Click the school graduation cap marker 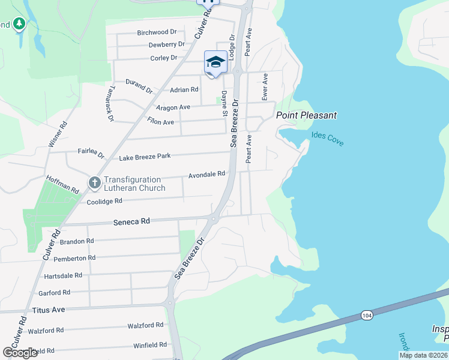(x=215, y=62)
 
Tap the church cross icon (x=94, y=182)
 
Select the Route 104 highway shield (x=366, y=315)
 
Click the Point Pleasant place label (x=306, y=115)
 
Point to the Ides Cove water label (x=327, y=139)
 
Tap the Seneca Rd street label (x=131, y=221)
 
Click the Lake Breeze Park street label (x=145, y=157)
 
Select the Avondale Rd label (x=206, y=175)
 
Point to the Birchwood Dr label (x=157, y=32)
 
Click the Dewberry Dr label (x=166, y=44)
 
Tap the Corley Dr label (x=164, y=58)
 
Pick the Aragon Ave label (x=173, y=107)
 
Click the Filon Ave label (x=160, y=122)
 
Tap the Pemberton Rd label (x=74, y=258)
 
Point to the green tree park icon (x=19, y=24)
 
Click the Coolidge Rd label (x=104, y=201)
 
